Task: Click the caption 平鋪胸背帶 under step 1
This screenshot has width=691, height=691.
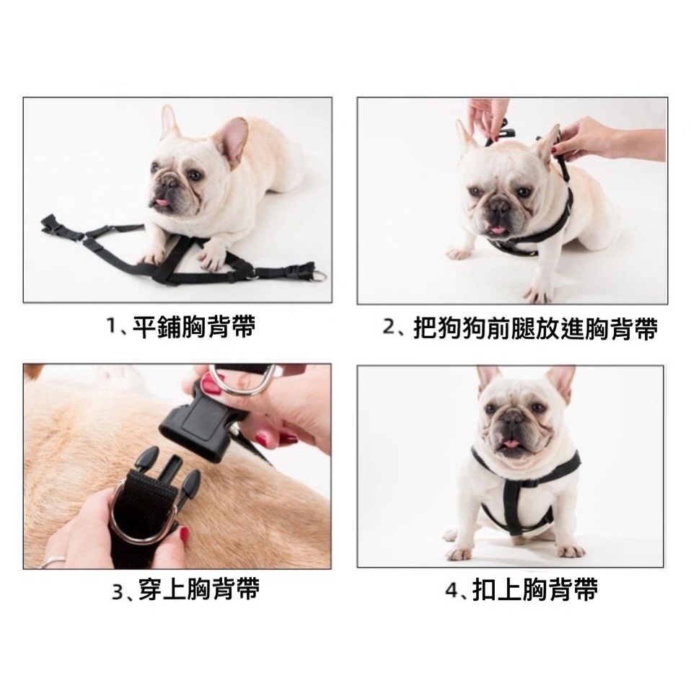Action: click(x=194, y=327)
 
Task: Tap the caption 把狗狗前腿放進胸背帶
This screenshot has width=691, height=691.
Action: click(x=535, y=329)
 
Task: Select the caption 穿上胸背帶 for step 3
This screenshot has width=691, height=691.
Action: click(x=198, y=589)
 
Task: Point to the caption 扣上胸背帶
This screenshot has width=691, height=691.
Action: click(x=535, y=590)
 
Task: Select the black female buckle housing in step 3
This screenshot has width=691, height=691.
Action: click(x=201, y=423)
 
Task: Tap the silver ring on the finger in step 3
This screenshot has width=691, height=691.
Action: click(x=53, y=560)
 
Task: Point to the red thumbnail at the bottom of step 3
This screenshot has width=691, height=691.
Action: click(x=182, y=535)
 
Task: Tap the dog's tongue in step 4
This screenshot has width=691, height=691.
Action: click(x=510, y=444)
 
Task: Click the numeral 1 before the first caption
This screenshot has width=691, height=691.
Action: click(x=111, y=327)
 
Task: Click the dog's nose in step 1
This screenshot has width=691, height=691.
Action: click(x=162, y=180)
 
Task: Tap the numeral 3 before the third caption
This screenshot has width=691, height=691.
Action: click(x=118, y=591)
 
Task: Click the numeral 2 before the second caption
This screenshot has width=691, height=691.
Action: click(x=389, y=328)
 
